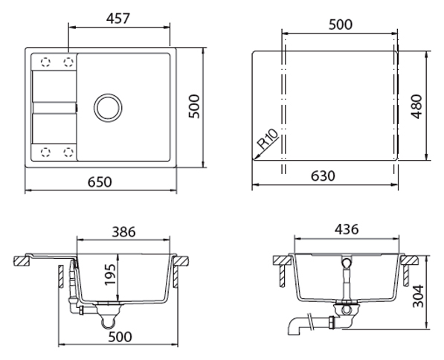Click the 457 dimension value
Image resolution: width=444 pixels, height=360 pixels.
pos(118,19)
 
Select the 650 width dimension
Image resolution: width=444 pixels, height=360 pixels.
pos(100,181)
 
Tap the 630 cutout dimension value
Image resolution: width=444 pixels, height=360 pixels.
pos(323,176)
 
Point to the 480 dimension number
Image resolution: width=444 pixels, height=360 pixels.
pos(416,107)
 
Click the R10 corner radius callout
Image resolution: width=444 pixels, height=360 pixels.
pos(268,139)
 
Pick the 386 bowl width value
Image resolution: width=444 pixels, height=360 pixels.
pos(123,232)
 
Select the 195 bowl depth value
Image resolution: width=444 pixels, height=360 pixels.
pos(110,275)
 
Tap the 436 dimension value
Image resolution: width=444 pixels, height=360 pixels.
pos(347,229)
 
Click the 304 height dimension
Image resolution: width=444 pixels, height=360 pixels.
pos(418,296)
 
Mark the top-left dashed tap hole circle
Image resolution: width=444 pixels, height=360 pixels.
pos(45,62)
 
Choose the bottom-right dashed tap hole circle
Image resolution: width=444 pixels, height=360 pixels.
pos(68,152)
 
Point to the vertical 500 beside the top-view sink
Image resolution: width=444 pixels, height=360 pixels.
pos(194,107)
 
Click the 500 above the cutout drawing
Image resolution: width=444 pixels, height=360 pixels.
pos(341,25)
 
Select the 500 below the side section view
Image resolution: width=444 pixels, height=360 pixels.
pos(120,337)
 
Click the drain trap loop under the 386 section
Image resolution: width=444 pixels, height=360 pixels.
pos(109,322)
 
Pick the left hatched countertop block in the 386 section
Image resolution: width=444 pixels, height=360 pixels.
pos(22,261)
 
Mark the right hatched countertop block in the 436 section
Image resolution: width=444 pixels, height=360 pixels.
pos(411,260)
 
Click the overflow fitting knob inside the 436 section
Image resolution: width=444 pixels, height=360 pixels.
pos(346,264)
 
